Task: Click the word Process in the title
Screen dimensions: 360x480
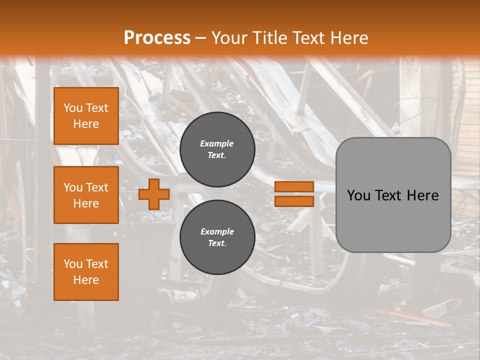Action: pos(157,38)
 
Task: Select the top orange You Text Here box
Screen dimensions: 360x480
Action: pos(86,116)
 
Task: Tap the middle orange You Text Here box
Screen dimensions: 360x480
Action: pos(86,195)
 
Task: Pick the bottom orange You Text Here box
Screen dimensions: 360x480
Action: pos(86,271)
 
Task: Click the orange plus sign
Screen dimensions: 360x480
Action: pos(154,194)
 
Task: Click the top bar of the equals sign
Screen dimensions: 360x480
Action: pos(294,186)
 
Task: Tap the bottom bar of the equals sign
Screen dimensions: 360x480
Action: pos(294,201)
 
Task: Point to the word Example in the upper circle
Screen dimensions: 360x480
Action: pos(217,143)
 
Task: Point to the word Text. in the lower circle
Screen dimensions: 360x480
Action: pos(217,243)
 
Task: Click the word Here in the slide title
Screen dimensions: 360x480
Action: pos(348,38)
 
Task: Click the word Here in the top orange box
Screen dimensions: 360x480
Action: pos(86,124)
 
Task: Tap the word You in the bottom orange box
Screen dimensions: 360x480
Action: pos(73,264)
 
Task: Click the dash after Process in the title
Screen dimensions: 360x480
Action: pos(200,38)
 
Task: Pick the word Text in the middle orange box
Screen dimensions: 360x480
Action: pos(96,187)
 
